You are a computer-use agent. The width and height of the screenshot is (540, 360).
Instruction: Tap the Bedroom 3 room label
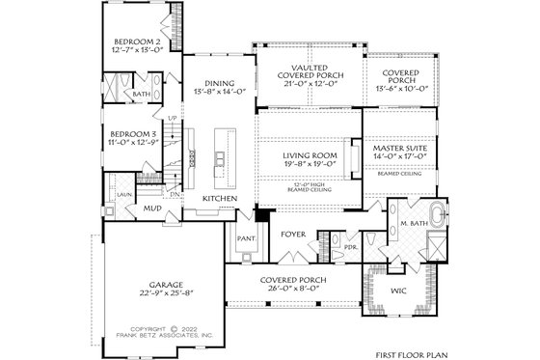click(132, 133)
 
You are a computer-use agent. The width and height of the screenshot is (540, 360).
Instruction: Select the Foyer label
click(293, 234)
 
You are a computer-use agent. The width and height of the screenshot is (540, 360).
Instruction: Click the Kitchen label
click(220, 199)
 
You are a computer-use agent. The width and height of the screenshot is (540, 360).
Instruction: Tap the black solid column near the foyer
click(258, 218)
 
